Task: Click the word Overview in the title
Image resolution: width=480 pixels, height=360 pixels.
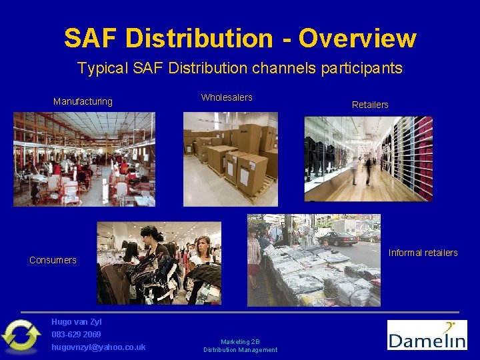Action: coord(357,39)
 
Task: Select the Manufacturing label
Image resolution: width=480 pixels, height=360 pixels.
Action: coord(83,102)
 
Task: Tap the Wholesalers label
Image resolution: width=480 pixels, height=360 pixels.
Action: coord(227,98)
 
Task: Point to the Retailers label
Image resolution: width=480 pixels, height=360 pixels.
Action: coord(370,105)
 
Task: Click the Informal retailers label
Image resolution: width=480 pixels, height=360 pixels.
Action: coord(423,253)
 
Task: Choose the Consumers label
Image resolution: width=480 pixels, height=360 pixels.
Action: coord(53,260)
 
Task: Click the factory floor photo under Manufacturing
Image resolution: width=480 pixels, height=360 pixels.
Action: coord(84,159)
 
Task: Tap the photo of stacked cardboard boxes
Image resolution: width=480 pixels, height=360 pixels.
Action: coord(231,159)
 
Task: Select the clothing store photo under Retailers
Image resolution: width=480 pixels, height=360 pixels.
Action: coord(368,159)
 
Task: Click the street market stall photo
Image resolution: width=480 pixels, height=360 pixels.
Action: coord(313,260)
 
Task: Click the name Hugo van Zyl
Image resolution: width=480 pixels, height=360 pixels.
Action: coord(76,322)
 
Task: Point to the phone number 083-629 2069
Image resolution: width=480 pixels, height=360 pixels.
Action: coord(76,334)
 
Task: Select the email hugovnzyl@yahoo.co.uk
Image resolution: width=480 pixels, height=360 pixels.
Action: coord(98,347)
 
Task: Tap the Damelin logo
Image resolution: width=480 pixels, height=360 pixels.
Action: coord(427,335)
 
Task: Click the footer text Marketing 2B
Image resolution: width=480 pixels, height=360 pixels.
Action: coord(240,341)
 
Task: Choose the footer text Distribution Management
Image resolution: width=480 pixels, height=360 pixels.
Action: coord(240,350)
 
